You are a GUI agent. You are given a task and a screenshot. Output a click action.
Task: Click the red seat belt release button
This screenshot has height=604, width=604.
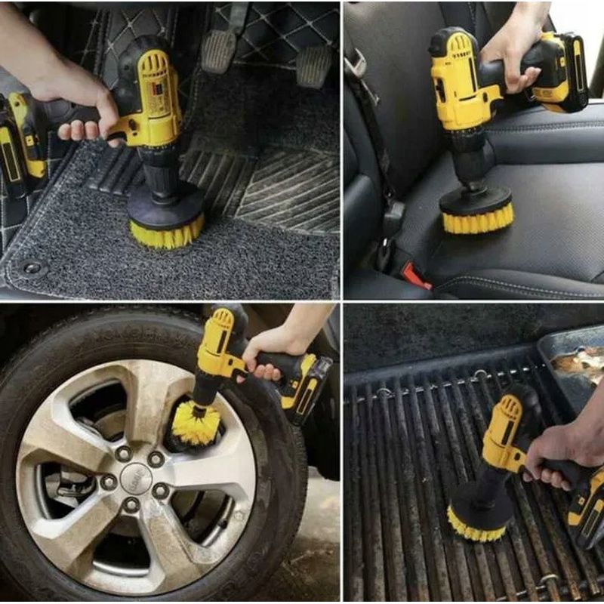click(x=415, y=276)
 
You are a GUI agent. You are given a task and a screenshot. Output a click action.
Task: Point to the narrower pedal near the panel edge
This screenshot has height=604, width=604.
click(x=313, y=64)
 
